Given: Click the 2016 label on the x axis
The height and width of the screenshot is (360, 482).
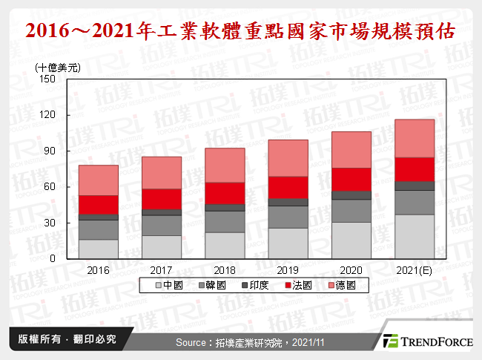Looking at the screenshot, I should [99, 270].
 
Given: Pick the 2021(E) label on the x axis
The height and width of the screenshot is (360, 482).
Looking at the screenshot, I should [415, 270].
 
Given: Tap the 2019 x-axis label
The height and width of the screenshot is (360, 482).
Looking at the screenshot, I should [288, 270].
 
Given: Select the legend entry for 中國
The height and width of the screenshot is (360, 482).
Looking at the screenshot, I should [170, 285].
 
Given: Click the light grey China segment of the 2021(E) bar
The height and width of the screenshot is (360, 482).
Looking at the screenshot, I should [415, 236].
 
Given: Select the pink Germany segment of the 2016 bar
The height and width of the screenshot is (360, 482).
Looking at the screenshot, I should [99, 180].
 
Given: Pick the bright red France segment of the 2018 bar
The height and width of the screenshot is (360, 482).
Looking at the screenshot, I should [225, 193].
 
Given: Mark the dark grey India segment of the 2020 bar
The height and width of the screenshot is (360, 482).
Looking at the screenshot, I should [351, 195].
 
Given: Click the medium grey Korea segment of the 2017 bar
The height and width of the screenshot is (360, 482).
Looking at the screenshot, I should [162, 225].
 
